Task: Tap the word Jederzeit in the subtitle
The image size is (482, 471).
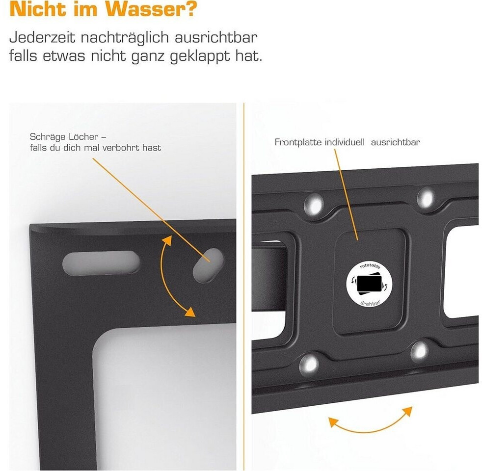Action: pos(42,37)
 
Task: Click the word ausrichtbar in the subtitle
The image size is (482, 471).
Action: pos(216,37)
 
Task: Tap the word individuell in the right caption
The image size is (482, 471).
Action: pos(345,142)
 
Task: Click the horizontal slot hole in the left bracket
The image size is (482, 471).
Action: pos(101,263)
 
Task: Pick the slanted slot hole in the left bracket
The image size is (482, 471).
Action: pos(208,265)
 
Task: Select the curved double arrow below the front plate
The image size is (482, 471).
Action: pos(370,426)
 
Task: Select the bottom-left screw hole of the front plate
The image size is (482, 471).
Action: pos(309,365)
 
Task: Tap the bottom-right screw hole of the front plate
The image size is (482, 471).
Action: pos(420,351)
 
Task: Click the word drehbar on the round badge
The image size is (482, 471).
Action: pos(370,303)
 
